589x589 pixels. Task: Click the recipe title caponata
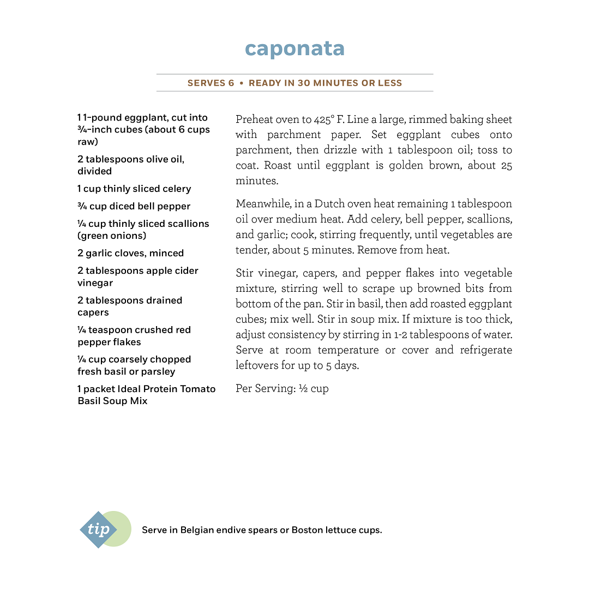coord(294,49)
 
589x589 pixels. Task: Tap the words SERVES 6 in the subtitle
coord(211,83)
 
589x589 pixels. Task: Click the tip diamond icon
coord(98,530)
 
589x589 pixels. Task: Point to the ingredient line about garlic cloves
coord(130,253)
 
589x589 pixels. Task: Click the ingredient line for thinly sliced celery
coord(134,189)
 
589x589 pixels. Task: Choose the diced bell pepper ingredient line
coord(134,206)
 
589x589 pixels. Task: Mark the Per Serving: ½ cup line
coord(282,389)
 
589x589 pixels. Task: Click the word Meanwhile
coord(262,204)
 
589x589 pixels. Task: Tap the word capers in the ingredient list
coord(93,312)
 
